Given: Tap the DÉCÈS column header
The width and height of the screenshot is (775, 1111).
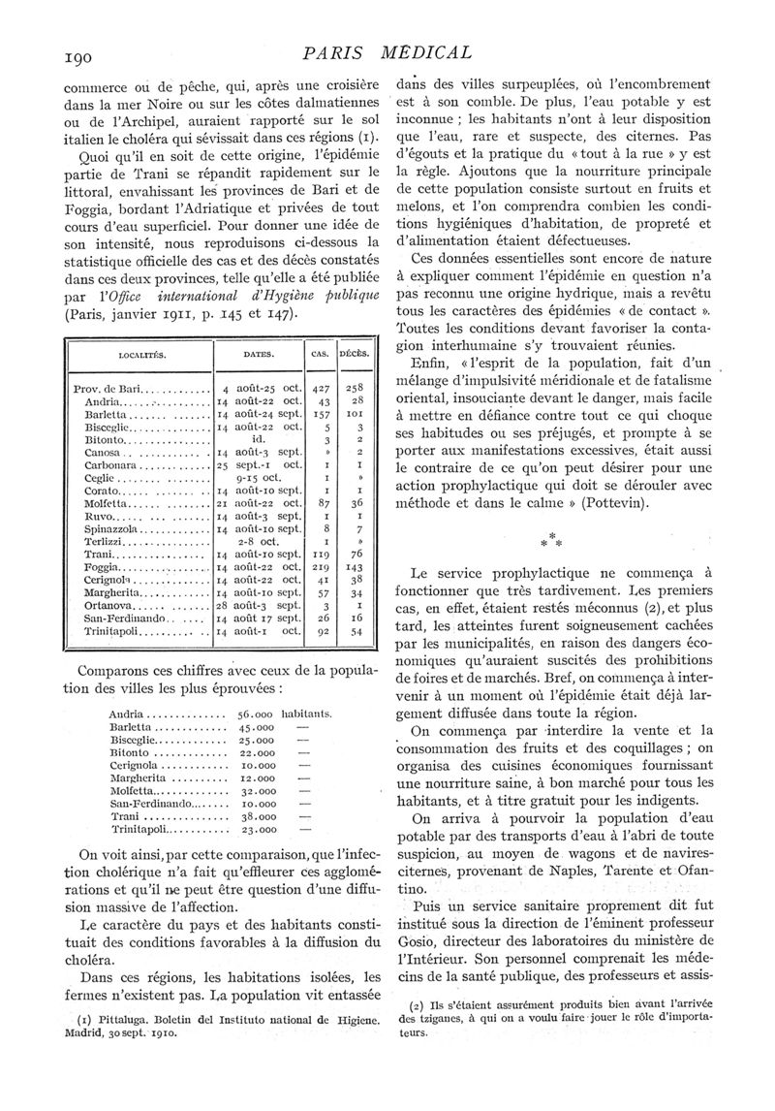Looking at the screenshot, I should click(x=356, y=354).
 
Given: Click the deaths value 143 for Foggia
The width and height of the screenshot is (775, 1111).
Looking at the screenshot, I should click(x=357, y=566).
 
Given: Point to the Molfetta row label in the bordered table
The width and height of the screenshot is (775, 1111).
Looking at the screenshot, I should click(x=108, y=503).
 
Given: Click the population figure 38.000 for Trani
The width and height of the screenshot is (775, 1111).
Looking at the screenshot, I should click(x=256, y=816).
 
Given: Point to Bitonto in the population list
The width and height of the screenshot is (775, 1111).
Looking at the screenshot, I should click(x=136, y=752).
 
